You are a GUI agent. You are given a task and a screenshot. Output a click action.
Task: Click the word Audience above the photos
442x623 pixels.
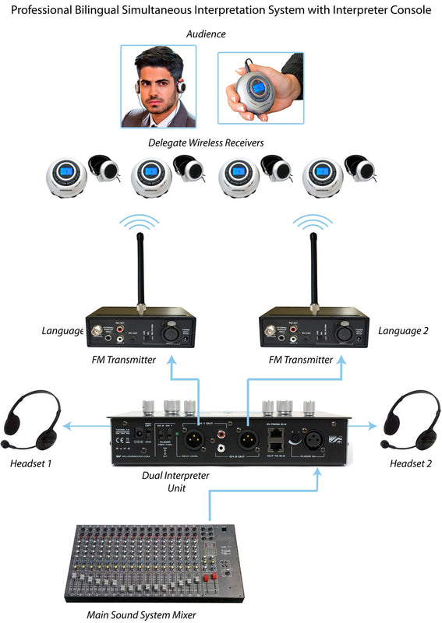tap(206, 34)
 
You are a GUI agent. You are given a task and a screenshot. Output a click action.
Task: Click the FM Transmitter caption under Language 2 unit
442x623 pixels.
tap(300, 359)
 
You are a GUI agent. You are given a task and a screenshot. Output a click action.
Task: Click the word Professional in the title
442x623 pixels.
tap(41, 10)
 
